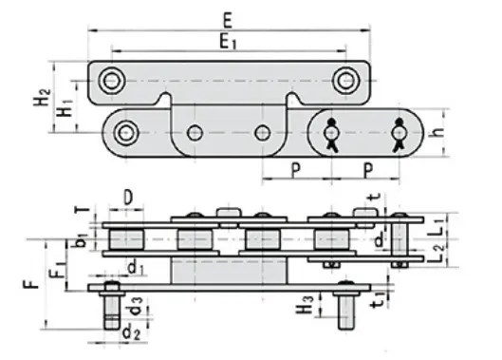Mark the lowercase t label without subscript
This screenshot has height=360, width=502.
pos(371,199)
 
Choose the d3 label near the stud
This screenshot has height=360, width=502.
pos(139,306)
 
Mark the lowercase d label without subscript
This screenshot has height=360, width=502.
pos(381,237)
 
